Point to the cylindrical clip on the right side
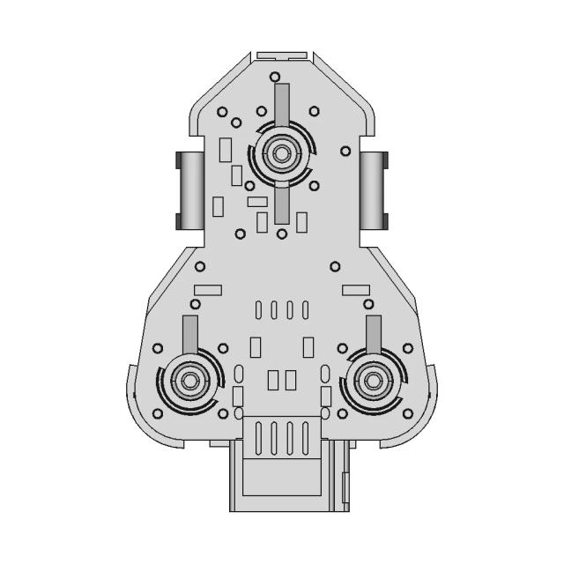click(x=374, y=189)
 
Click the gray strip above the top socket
click(x=281, y=104)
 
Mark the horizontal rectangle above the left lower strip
click(x=209, y=290)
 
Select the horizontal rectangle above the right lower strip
click(x=355, y=290)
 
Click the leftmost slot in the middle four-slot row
click(x=258, y=310)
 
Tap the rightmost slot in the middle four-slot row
click(x=305, y=310)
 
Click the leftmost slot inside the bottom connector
click(x=258, y=437)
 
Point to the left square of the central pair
click(x=273, y=380)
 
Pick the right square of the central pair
click(x=290, y=380)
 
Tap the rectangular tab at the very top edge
click(x=281, y=55)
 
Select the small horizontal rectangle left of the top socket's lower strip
click(x=257, y=202)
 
